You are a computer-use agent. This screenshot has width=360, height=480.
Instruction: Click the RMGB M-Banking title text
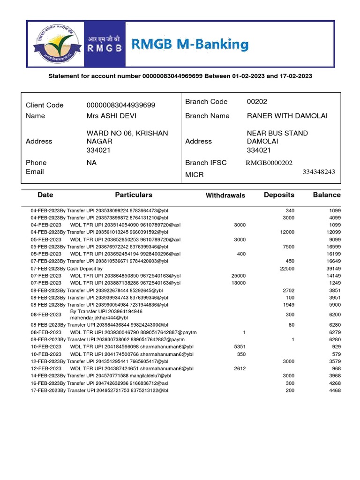[189, 45]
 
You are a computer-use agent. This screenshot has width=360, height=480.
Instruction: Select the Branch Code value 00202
[257, 102]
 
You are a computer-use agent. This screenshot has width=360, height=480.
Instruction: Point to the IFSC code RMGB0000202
[269, 163]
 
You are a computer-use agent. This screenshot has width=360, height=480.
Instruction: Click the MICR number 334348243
[319, 172]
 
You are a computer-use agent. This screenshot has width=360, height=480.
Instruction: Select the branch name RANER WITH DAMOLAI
[287, 116]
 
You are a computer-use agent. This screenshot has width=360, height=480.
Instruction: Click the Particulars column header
[134, 195]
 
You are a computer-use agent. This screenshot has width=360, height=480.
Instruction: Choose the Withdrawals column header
[225, 195]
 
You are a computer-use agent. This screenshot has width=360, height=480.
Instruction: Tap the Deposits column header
[279, 195]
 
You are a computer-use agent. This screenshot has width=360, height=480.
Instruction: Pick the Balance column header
[327, 195]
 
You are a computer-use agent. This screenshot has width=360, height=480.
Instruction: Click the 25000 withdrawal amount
[239, 276]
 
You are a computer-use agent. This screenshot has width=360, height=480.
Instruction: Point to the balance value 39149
[333, 269]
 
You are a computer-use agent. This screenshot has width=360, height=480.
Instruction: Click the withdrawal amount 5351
[239, 346]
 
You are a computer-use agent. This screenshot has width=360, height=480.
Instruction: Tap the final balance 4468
[335, 390]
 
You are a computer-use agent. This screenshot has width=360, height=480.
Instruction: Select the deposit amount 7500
[288, 247]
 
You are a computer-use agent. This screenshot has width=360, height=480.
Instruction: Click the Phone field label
[36, 163]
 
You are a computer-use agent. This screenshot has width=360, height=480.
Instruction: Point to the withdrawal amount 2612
[239, 368]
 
